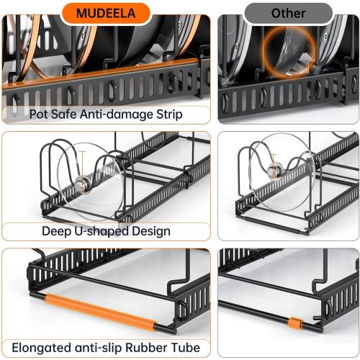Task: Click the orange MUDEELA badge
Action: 105,12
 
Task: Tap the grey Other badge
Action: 289,13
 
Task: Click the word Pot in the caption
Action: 40,114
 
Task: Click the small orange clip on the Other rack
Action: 294,322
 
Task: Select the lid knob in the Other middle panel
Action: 274,171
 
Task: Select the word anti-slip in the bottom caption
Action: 103,348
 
